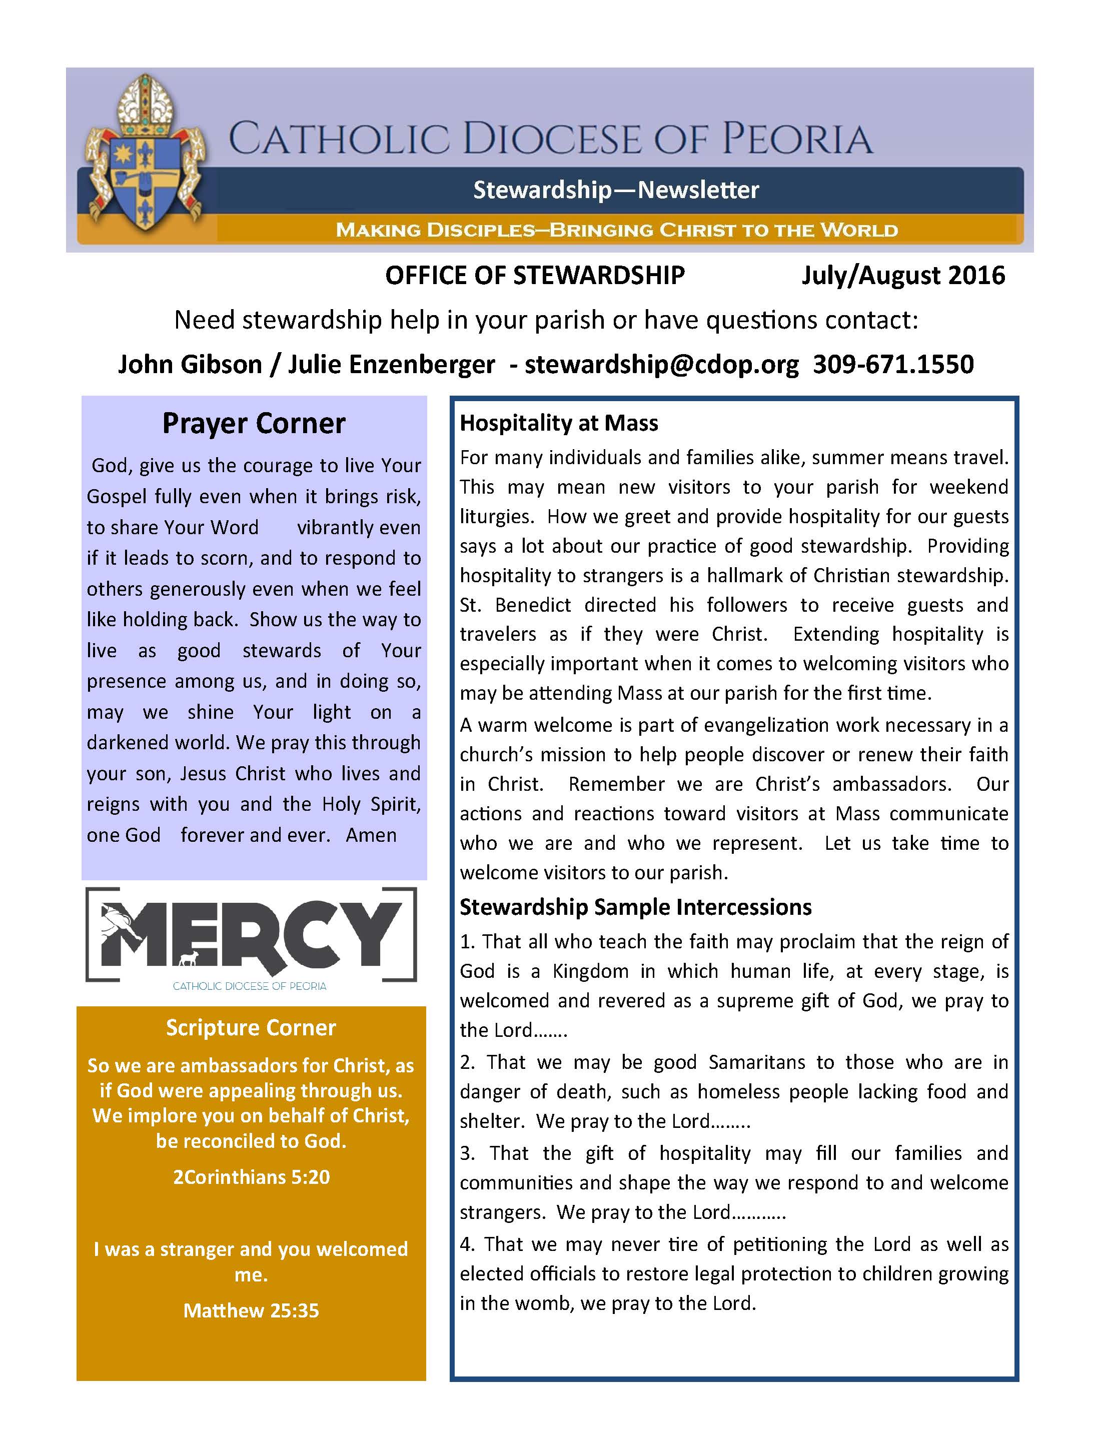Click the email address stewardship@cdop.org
tap(661, 364)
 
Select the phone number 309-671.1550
tap(893, 364)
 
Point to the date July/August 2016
tap(903, 276)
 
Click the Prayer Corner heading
tap(254, 423)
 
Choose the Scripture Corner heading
tap(251, 1028)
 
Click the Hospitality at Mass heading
tap(559, 423)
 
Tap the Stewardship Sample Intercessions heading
tap(635, 907)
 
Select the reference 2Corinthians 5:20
tap(251, 1177)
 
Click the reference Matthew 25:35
tap(251, 1310)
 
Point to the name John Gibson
tap(190, 364)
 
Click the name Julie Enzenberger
tap(391, 364)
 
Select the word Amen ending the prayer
tap(371, 835)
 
